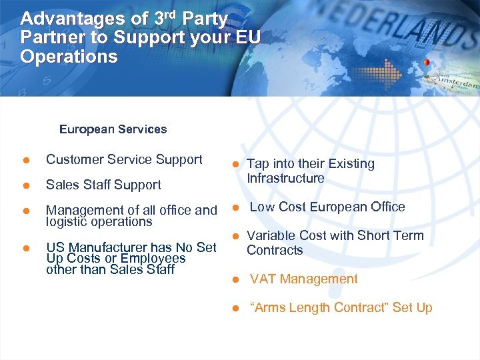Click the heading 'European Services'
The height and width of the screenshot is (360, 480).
click(113, 129)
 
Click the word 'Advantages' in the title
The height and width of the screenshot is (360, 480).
click(63, 19)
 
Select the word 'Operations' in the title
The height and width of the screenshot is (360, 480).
click(69, 57)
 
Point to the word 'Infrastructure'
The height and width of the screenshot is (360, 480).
click(285, 179)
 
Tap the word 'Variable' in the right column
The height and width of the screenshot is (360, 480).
click(268, 235)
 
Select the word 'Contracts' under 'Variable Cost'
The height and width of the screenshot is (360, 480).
click(275, 251)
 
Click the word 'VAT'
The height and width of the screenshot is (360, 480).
click(263, 279)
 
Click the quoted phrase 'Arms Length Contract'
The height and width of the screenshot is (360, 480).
click(319, 308)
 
